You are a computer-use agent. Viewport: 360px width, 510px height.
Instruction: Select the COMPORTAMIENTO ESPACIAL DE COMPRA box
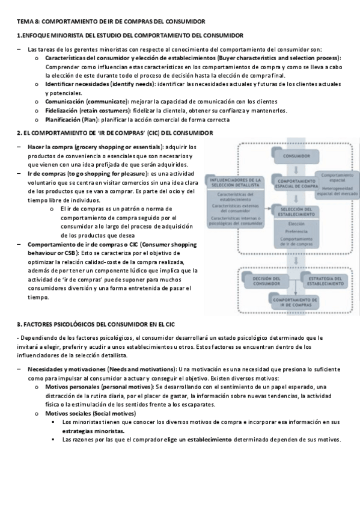pos(295,183)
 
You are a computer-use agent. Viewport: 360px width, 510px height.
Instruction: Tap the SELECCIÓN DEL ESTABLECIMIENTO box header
pos(295,212)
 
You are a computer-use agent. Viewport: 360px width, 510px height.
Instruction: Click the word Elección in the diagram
pos(295,223)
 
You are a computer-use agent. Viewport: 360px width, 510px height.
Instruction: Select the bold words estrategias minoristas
pos(93,431)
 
